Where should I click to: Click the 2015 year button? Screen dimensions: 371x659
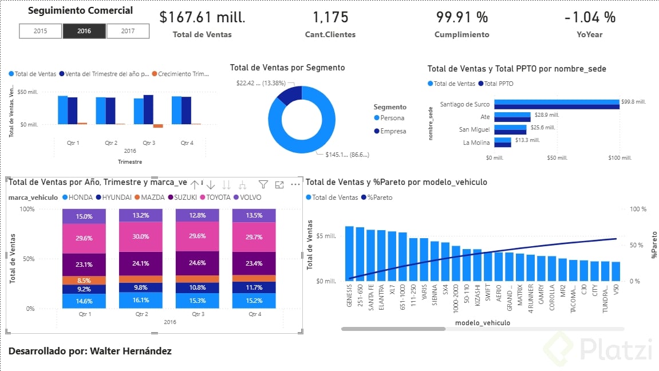41,31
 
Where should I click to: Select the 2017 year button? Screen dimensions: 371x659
128,31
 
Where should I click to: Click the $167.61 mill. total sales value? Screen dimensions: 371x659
202,18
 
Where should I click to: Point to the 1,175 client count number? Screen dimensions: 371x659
330,18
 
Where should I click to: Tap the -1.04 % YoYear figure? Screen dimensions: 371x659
590,18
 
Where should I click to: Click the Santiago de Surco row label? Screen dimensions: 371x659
464,104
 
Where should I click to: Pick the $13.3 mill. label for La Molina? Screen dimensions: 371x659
525,140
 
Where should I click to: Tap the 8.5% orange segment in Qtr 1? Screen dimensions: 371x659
84,281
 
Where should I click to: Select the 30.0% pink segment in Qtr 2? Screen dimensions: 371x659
140,237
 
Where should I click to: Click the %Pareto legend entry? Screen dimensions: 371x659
378,198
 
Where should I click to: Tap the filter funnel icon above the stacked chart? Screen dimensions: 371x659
263,184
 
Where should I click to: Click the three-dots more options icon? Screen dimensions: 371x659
295,184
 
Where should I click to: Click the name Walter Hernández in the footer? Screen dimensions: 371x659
131,351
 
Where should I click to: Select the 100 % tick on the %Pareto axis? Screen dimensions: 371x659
638,209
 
